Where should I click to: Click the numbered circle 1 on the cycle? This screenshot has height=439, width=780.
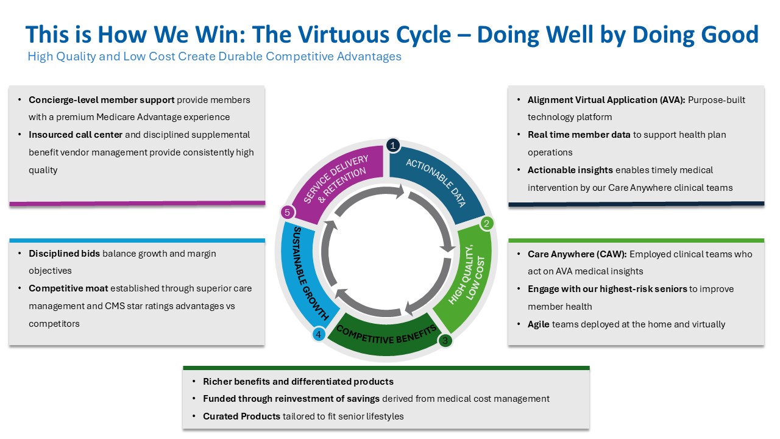(x=393, y=145)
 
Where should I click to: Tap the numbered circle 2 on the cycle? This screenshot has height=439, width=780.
(x=486, y=224)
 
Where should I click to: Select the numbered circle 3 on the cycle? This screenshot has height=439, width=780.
(x=445, y=341)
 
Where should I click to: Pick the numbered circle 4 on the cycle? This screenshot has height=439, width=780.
(x=317, y=334)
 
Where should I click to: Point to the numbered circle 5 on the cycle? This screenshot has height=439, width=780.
(x=287, y=213)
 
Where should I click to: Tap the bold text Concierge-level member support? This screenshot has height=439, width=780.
(x=102, y=100)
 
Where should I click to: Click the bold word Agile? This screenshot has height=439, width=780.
(x=539, y=324)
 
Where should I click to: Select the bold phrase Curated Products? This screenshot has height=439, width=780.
(x=242, y=416)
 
